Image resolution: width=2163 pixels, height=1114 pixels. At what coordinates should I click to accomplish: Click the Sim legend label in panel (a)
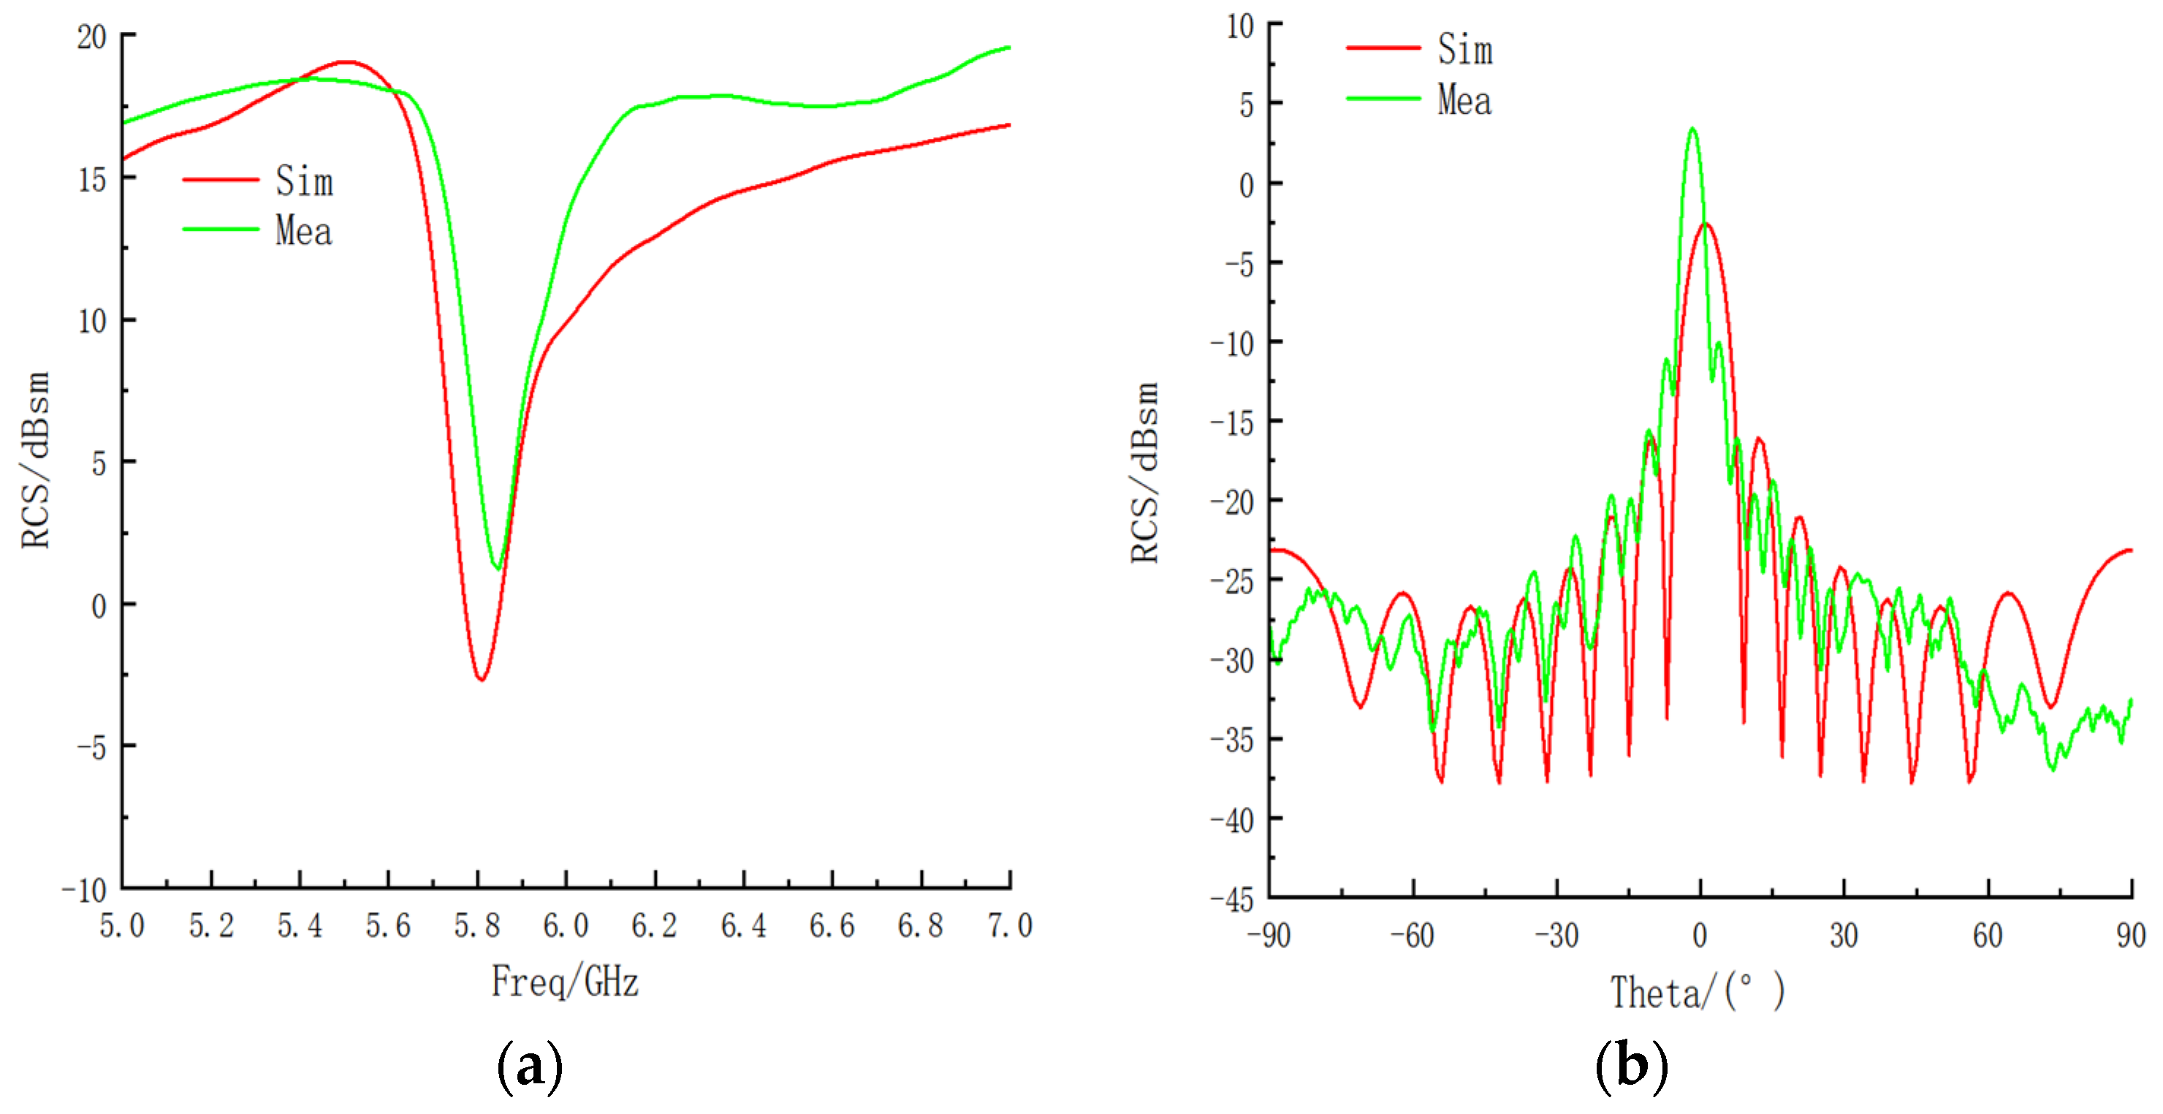click(304, 181)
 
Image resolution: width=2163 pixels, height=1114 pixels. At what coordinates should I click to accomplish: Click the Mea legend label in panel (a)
click(303, 231)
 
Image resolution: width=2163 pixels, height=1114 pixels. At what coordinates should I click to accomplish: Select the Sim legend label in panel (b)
click(1465, 49)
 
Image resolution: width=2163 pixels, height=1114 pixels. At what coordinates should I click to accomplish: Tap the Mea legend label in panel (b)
click(1464, 100)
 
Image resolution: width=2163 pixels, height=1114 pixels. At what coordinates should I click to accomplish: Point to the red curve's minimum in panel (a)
click(481, 679)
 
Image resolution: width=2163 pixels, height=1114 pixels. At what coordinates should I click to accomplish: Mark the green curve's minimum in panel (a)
click(498, 569)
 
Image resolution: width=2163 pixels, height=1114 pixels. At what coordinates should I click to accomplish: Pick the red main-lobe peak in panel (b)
click(1706, 224)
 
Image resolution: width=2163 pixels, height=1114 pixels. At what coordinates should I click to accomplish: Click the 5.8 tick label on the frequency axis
click(477, 926)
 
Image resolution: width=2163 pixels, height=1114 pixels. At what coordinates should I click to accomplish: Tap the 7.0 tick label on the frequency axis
click(1009, 926)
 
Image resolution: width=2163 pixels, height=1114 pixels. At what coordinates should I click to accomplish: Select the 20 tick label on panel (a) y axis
click(91, 37)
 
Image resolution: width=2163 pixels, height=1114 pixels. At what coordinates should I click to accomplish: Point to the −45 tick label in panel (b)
click(1232, 900)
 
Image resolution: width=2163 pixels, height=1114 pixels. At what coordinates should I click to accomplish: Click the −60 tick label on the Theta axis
click(1413, 935)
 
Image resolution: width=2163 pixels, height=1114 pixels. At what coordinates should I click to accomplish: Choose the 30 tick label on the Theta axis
click(1844, 935)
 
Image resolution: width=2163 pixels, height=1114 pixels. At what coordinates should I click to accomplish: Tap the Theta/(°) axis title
click(1697, 992)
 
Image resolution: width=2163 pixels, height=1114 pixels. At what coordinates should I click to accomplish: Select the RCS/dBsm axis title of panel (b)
click(1144, 473)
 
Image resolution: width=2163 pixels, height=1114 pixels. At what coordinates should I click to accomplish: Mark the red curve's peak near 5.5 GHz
click(344, 61)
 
